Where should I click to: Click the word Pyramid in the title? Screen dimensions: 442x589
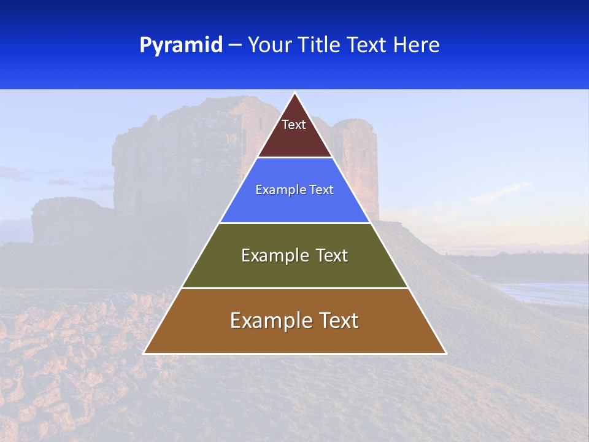(x=180, y=45)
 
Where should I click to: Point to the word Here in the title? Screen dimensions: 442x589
(x=416, y=45)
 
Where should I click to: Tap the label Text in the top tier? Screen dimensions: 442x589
(x=294, y=125)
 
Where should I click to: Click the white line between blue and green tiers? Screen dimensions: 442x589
(x=294, y=223)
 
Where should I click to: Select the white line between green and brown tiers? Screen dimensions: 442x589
(x=294, y=288)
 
